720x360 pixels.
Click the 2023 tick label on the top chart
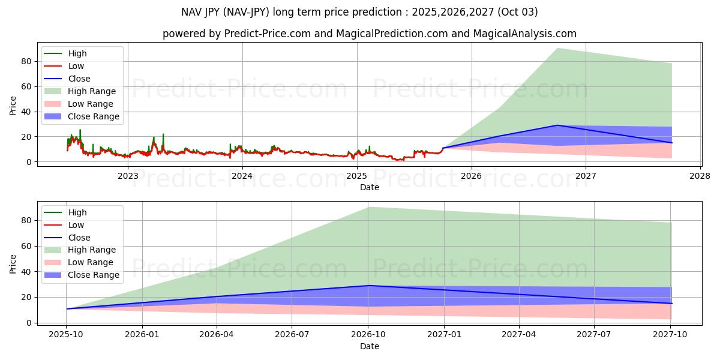(128, 176)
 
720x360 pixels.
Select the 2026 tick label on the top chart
(471, 176)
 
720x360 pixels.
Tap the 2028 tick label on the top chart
(700, 176)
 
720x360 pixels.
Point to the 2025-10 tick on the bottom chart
(67, 335)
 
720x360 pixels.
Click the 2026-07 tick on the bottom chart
(292, 335)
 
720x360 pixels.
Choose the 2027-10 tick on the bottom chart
(671, 335)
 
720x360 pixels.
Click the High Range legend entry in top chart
(92, 91)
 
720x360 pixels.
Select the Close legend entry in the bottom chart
(79, 238)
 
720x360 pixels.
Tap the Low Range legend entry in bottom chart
(91, 262)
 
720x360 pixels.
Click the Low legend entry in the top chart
(76, 66)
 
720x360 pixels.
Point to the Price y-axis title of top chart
(13, 105)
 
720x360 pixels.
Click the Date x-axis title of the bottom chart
(369, 346)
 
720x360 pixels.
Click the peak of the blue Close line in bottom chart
(369, 286)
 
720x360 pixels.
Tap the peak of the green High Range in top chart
(557, 49)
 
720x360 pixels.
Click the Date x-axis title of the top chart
(369, 187)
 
